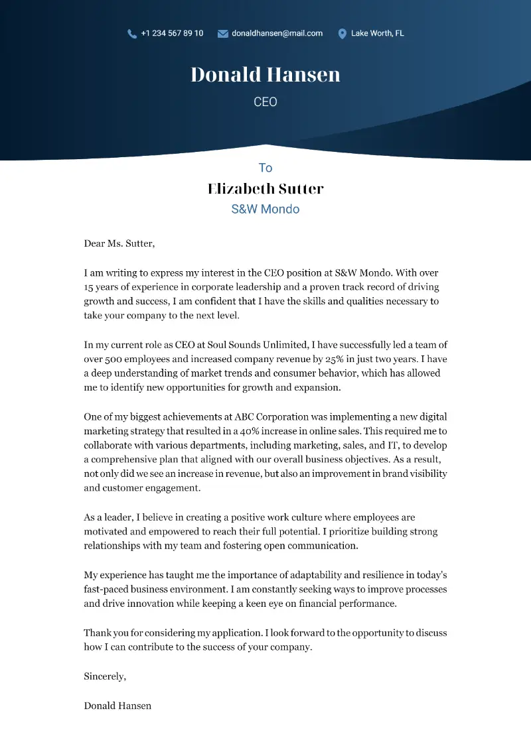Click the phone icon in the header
point(132,33)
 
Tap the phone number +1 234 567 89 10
point(172,33)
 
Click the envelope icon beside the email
point(223,33)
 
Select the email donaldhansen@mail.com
point(277,33)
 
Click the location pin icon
point(342,33)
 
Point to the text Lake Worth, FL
point(377,33)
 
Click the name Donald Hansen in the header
point(265,74)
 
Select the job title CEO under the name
point(265,102)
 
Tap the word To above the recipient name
point(265,168)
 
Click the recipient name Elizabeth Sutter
point(265,188)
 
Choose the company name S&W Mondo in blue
point(265,209)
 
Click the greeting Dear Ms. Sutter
point(119,243)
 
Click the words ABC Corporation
point(271,416)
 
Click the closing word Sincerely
point(104,676)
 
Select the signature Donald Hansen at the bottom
point(117,706)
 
